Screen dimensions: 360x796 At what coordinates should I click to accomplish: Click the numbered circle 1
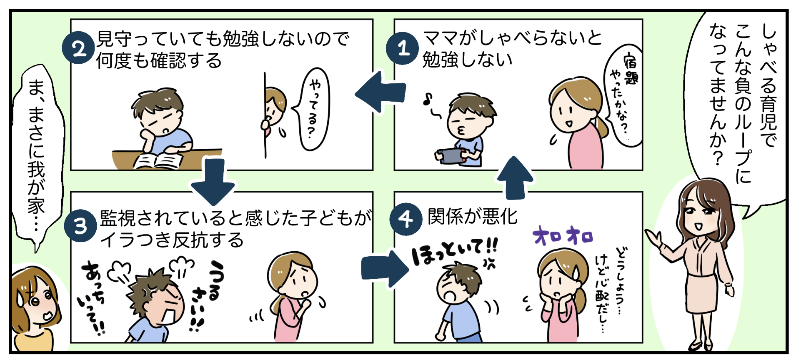(x=402, y=49)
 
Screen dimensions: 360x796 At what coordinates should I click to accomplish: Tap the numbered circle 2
(x=78, y=49)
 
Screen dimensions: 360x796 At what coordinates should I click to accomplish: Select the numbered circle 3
(x=80, y=226)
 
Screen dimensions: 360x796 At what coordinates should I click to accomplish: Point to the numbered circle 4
(x=405, y=218)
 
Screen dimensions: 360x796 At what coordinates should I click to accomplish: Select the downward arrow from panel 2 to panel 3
(x=213, y=181)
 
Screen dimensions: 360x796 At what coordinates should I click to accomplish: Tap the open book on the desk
(x=158, y=161)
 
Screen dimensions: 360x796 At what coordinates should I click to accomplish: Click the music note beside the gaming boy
(x=427, y=100)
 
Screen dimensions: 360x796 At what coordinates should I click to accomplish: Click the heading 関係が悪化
(x=472, y=217)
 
